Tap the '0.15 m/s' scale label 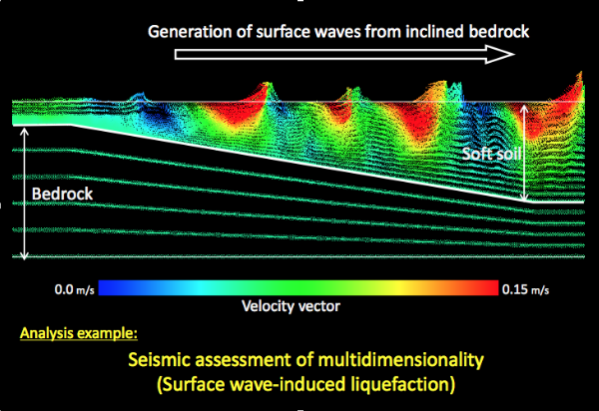tap(526, 289)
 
